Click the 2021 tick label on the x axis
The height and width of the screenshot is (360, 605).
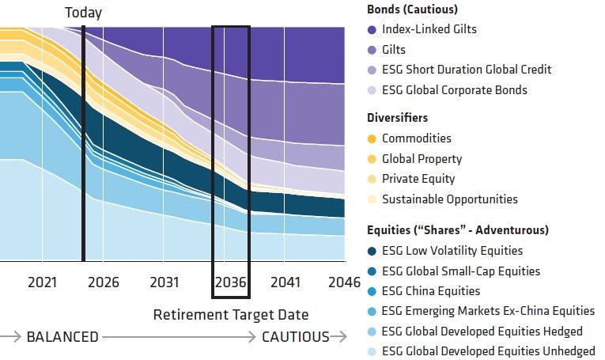[43, 282]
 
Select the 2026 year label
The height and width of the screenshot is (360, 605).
[104, 282]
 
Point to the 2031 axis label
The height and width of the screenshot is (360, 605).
[164, 282]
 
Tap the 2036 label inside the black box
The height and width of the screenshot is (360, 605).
[231, 282]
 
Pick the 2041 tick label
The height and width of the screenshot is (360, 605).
[285, 282]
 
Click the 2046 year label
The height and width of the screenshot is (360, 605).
[344, 282]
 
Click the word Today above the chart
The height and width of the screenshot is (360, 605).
[83, 13]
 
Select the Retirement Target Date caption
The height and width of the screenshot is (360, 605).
[230, 315]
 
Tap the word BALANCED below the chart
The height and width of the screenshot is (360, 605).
[62, 337]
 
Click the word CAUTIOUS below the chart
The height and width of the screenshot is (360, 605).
[296, 337]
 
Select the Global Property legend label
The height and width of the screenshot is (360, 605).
[422, 159]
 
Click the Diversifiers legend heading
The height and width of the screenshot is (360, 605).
[398, 118]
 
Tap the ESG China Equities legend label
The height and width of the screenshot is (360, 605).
[431, 291]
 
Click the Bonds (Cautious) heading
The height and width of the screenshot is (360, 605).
[413, 9]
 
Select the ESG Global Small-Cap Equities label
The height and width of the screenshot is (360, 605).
[461, 271]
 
